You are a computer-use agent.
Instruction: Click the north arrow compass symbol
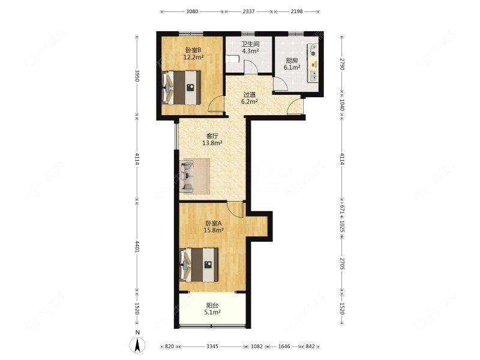pyautogui.click(x=137, y=346)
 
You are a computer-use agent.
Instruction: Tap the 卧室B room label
pyautogui.click(x=193, y=50)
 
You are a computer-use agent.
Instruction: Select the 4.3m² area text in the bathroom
pyautogui.click(x=251, y=51)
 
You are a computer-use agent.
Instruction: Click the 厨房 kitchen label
pyautogui.click(x=292, y=61)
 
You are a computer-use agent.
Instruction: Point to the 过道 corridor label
pyautogui.click(x=249, y=95)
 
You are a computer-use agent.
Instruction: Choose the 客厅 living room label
pyautogui.click(x=212, y=136)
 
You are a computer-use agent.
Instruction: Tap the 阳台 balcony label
pyautogui.click(x=212, y=305)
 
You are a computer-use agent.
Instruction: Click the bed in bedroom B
pyautogui.click(x=181, y=88)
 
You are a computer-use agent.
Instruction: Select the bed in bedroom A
pyautogui.click(x=199, y=265)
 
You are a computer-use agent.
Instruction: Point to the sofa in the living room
pyautogui.click(x=187, y=176)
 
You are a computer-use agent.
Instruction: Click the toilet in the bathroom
pyautogui.click(x=232, y=58)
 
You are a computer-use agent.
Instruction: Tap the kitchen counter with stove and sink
pyautogui.click(x=313, y=63)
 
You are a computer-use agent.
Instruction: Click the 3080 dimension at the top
pyautogui.click(x=192, y=11)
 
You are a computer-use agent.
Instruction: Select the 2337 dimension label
pyautogui.click(x=248, y=11)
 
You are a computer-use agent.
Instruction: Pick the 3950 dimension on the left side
pyautogui.click(x=137, y=76)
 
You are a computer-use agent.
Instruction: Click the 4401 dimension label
pyautogui.click(x=137, y=247)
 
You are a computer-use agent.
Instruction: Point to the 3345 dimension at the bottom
pyautogui.click(x=212, y=347)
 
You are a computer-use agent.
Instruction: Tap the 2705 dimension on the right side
pyautogui.click(x=342, y=264)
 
